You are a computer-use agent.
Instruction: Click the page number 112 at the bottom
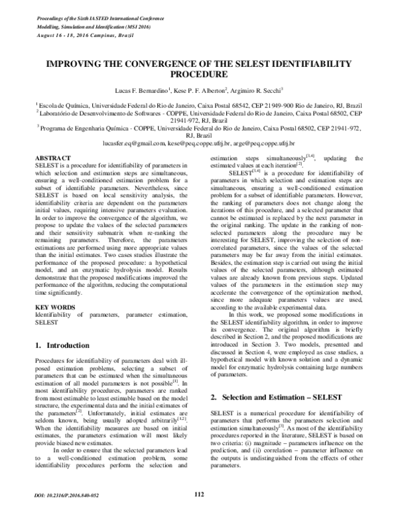[x=198, y=494]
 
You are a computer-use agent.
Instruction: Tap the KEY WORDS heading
[x=54, y=270]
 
